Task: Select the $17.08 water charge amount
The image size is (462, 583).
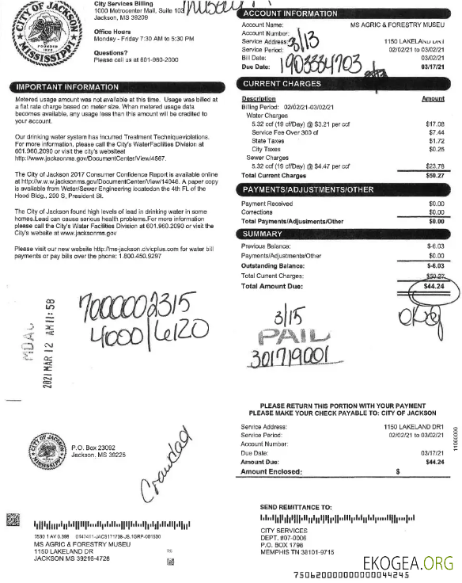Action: point(434,124)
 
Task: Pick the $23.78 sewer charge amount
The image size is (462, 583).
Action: point(434,166)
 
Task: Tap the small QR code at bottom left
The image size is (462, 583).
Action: point(13,520)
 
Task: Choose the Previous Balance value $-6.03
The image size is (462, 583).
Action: point(434,246)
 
